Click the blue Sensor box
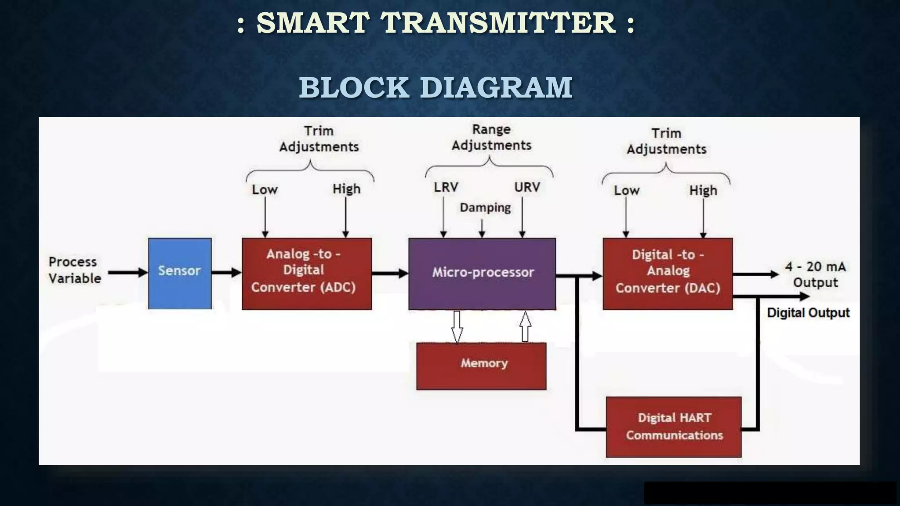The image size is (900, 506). [180, 273]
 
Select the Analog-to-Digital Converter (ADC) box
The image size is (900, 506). [307, 273]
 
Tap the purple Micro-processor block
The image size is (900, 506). [482, 273]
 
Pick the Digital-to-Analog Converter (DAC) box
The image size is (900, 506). [668, 273]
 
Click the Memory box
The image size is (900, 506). [482, 365]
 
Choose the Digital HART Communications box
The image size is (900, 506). [674, 426]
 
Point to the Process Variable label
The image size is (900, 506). [74, 270]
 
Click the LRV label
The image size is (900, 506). [446, 188]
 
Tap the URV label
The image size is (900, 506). [527, 188]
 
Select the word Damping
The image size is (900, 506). [485, 207]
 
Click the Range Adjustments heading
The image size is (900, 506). [491, 137]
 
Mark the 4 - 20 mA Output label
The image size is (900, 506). [815, 274]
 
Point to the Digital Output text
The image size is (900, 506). [808, 313]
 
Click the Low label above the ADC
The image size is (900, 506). [265, 190]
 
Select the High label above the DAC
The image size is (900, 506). [703, 191]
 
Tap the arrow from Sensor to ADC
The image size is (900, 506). [226, 273]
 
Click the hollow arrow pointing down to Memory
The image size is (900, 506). [457, 326]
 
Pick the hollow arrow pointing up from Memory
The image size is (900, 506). [525, 326]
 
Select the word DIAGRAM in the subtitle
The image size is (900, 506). [496, 87]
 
